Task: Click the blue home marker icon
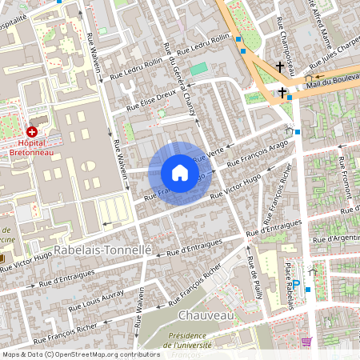pos(180,173)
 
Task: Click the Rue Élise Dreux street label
pos(151,97)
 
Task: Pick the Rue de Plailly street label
pos(254,275)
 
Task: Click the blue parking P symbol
pos(296,282)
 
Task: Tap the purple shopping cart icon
pos(306,342)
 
